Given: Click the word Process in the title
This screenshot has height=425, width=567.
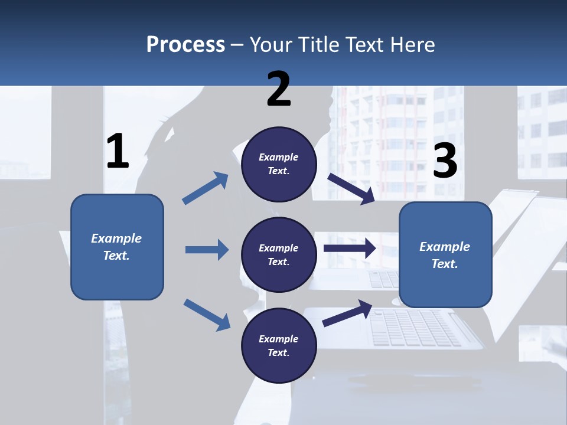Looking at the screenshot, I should click(185, 44).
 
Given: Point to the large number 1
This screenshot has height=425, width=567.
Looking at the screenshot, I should click(118, 152).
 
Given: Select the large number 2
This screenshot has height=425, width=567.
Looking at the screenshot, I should click(279, 89).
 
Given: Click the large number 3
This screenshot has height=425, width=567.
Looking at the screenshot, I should click(445, 161).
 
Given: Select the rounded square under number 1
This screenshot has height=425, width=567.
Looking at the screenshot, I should click(117, 247).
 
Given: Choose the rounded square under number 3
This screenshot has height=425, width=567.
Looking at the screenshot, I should click(445, 255).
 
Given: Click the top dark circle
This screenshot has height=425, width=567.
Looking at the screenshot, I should click(279, 164).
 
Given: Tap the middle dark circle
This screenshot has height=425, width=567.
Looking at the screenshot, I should click(279, 254).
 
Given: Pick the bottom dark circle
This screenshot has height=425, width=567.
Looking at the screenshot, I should click(279, 345).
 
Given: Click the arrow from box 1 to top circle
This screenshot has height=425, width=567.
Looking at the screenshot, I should click(206, 188).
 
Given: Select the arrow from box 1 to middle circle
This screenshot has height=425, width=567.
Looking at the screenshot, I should click(207, 250).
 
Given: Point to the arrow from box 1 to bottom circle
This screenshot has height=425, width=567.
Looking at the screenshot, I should click(207, 314).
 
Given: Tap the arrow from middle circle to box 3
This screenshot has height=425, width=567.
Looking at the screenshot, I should click(350, 248).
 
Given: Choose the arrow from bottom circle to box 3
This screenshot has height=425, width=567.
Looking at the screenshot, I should click(347, 313).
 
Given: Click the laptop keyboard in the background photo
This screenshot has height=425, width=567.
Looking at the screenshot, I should click(416, 328).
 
